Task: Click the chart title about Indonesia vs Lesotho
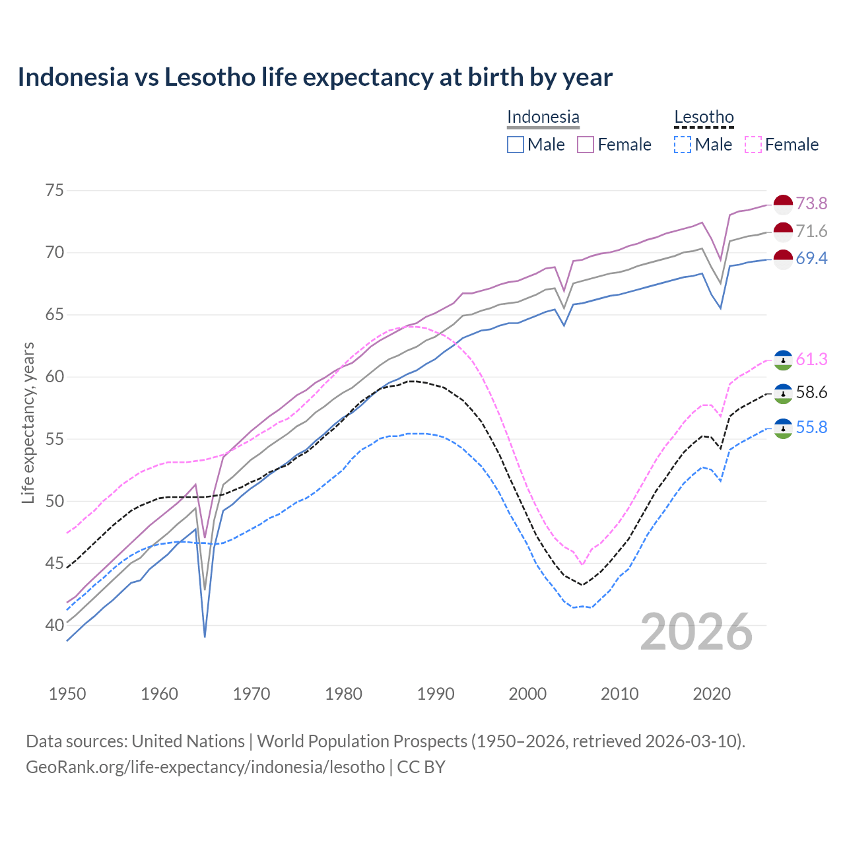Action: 315,77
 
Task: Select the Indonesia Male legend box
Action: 516,145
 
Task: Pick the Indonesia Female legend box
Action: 586,145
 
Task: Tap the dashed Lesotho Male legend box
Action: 683,145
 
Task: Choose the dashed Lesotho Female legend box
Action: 753,145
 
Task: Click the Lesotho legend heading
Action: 704,118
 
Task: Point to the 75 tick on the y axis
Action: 55,191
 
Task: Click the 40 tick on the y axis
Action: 55,625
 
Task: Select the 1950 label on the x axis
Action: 67,694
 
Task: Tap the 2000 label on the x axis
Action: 527,694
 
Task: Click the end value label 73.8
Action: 811,203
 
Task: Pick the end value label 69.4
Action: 811,258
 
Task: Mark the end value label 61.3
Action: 811,359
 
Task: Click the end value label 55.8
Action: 811,427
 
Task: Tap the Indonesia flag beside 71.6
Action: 783,232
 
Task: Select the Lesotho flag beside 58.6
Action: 783,393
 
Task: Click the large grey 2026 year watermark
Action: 696,632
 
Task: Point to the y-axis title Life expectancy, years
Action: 28,422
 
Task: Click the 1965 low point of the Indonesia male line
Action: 205,636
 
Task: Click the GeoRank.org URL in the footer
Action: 205,766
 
